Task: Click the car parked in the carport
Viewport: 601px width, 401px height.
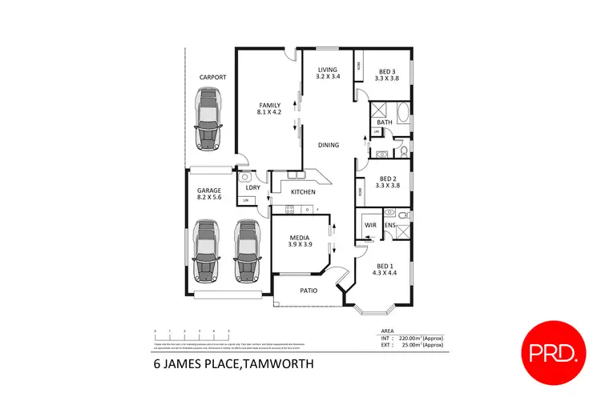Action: click(212, 117)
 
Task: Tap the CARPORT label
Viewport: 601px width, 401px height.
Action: click(212, 77)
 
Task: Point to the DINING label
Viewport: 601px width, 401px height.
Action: click(329, 145)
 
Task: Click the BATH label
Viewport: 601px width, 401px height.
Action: click(385, 122)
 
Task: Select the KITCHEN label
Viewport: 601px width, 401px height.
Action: click(303, 192)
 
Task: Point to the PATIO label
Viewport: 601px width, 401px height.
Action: click(310, 291)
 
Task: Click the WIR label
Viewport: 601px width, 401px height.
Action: click(371, 226)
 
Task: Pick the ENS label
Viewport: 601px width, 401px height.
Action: click(390, 226)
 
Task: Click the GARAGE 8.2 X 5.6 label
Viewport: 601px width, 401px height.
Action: click(210, 194)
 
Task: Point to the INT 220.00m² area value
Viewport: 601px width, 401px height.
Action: click(418, 339)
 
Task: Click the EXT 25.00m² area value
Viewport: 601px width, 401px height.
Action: click(418, 345)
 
